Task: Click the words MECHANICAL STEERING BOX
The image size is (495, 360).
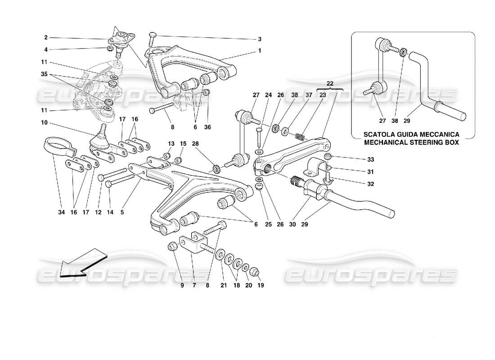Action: (x=412, y=143)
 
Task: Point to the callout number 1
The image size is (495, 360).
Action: (x=260, y=51)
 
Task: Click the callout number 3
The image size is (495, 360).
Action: (x=260, y=39)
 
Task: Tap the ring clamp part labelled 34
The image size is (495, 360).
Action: (x=54, y=147)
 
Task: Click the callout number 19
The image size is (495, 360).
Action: (x=260, y=285)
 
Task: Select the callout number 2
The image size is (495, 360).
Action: (x=46, y=38)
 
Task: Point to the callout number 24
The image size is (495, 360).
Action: (x=268, y=95)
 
